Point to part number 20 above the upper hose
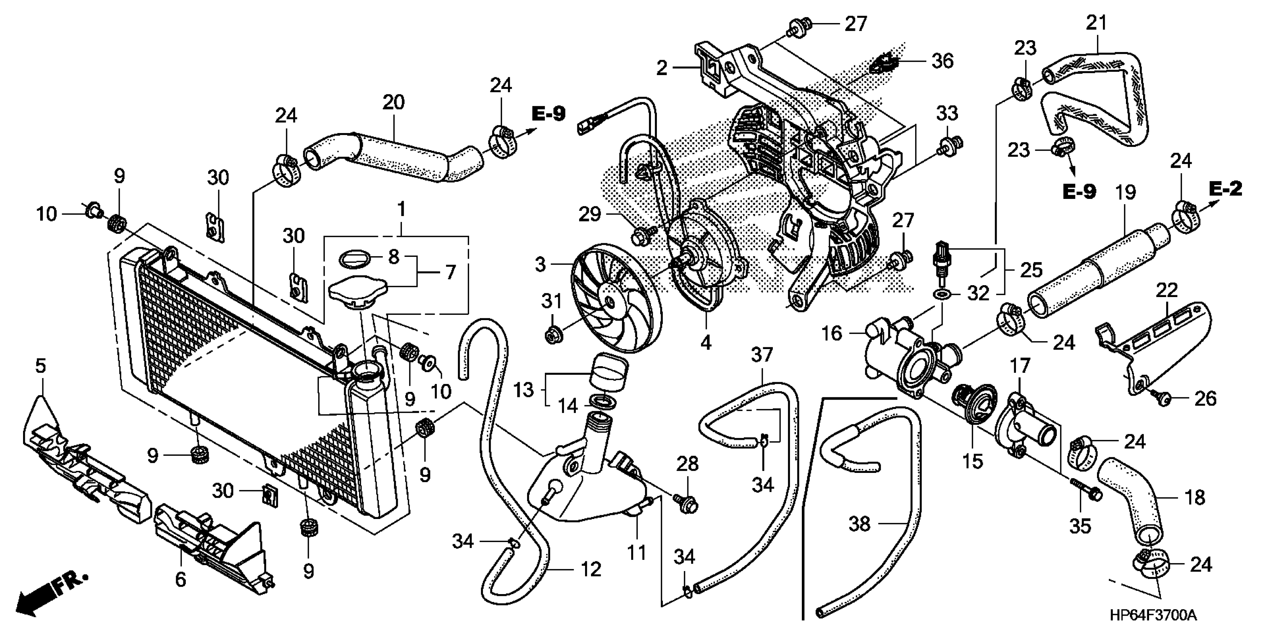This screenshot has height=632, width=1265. point(393,102)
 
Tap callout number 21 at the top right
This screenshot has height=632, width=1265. point(1096,23)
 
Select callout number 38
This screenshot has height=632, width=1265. point(859,524)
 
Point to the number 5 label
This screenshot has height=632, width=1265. point(40,366)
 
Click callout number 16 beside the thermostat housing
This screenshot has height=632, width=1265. point(832,334)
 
